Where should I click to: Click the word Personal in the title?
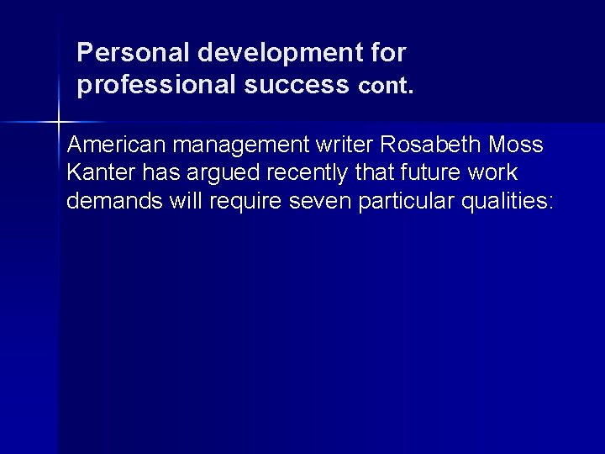[x=134, y=54]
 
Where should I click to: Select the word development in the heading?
[x=281, y=54]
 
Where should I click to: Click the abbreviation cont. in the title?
[x=387, y=86]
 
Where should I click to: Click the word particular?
[x=408, y=203]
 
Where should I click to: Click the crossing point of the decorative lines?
[x=58, y=123]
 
